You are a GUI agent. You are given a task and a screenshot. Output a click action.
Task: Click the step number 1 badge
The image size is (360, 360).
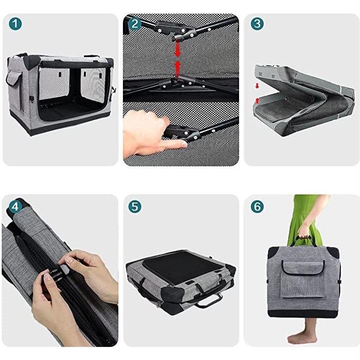pyautogui.click(x=15, y=24)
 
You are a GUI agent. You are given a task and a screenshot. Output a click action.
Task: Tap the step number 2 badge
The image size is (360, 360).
pyautogui.click(x=135, y=23)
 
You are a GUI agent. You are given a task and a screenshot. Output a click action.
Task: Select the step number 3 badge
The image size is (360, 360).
pyautogui.click(x=257, y=23)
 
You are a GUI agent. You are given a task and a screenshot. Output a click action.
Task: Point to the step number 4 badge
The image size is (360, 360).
pyautogui.click(x=15, y=206)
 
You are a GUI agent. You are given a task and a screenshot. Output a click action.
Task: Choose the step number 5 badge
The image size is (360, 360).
pyautogui.click(x=135, y=206)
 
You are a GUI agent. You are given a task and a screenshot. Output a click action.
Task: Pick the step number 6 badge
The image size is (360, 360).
pyautogui.click(x=257, y=206)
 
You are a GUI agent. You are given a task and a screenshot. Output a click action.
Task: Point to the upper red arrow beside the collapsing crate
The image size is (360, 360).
pyautogui.click(x=257, y=86)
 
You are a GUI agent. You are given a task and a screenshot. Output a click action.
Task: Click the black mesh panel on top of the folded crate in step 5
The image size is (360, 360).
pyautogui.click(x=180, y=266)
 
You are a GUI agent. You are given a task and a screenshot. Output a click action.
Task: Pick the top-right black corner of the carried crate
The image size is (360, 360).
pyautogui.click(x=333, y=252)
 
